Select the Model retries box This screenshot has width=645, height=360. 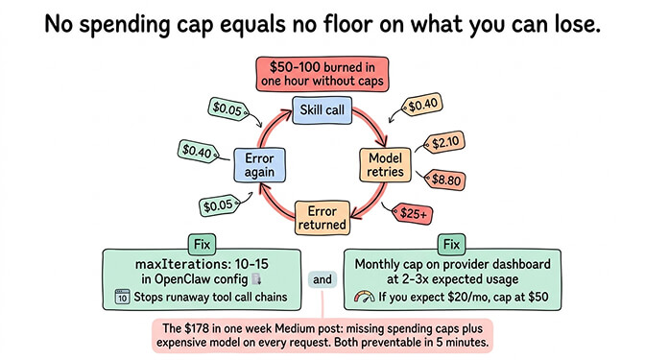pos(385,164)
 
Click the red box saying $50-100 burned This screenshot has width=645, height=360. pos(322,74)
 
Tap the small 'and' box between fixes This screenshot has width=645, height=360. pos(322,280)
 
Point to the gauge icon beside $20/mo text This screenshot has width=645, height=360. pos(363,298)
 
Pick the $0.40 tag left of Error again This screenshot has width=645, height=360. pos(199,150)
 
